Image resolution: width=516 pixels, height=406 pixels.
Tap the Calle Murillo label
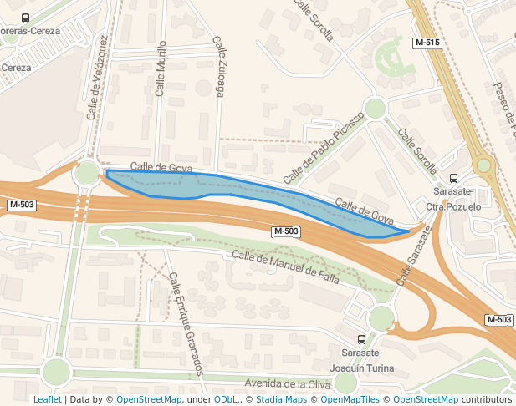(161, 72)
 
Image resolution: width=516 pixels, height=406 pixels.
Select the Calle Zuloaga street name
(219, 67)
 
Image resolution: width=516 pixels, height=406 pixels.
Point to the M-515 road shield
(427, 42)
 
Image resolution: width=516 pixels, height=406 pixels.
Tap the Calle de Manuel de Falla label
(285, 267)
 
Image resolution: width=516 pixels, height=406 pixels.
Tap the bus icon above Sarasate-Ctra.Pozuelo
(453, 178)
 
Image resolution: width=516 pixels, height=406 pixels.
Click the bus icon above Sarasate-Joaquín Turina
(361, 339)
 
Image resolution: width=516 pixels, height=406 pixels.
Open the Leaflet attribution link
(47, 399)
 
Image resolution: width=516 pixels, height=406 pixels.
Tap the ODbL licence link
(226, 399)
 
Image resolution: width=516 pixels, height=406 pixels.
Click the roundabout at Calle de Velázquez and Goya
(86, 174)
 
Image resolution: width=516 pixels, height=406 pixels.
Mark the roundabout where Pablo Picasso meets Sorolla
(376, 108)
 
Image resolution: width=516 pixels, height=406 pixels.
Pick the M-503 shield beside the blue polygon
(286, 231)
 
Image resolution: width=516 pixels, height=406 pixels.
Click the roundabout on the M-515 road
(483, 165)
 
